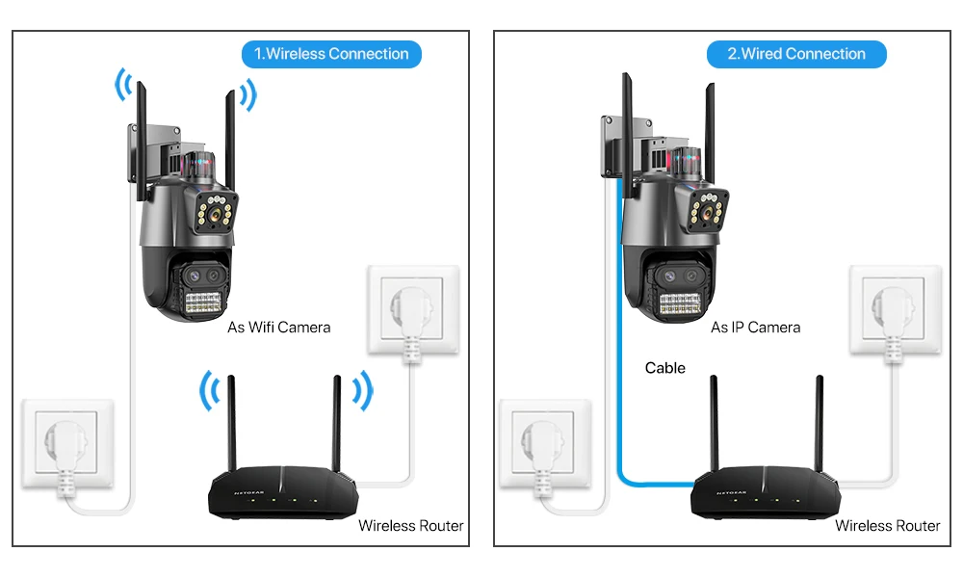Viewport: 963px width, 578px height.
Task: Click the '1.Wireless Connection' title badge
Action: [x=331, y=54]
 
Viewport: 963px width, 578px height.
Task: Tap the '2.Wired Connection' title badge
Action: [x=795, y=54]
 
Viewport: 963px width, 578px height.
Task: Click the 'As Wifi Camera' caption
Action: [x=278, y=328]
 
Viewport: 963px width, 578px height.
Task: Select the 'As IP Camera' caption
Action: [x=755, y=328]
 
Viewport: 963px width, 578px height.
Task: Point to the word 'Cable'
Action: [x=665, y=368]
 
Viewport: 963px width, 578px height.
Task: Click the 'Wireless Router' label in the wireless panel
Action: [x=410, y=526]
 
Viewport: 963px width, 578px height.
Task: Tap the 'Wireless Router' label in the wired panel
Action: [x=887, y=526]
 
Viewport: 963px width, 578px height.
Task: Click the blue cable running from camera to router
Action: [x=618, y=337]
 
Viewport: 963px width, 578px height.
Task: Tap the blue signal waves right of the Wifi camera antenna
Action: [x=248, y=94]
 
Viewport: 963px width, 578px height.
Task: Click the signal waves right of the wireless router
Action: [x=361, y=390]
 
